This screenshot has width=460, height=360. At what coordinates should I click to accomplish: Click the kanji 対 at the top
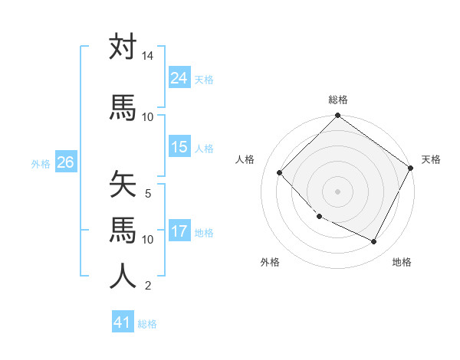pos(123,47)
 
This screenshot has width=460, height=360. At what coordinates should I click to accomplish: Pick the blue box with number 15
pos(179,147)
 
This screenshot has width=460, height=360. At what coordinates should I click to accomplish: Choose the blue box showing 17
pos(179,231)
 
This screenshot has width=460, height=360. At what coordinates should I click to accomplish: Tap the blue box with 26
pos(65,162)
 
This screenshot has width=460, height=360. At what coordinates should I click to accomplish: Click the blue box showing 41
pos(123,322)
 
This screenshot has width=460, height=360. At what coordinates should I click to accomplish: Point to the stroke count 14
pos(147,57)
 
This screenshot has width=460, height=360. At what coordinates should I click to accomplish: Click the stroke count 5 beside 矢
pos(148,194)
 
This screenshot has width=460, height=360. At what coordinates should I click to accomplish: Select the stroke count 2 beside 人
pos(148,286)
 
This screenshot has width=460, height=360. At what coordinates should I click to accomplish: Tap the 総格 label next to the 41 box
pos(147,324)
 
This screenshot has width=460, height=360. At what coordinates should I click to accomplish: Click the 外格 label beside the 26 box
pos(41,163)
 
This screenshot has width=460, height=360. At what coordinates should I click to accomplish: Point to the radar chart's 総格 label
pos(337,100)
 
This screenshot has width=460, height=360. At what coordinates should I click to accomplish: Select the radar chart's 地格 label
pos(402,262)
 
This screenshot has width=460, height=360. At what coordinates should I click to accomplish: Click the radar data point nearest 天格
pos(411,168)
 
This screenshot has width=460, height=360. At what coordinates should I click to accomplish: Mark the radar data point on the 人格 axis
pos(280,172)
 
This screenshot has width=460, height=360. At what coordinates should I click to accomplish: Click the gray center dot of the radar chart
pos(337,191)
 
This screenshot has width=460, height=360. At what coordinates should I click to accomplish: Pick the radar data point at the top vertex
pos(337,116)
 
